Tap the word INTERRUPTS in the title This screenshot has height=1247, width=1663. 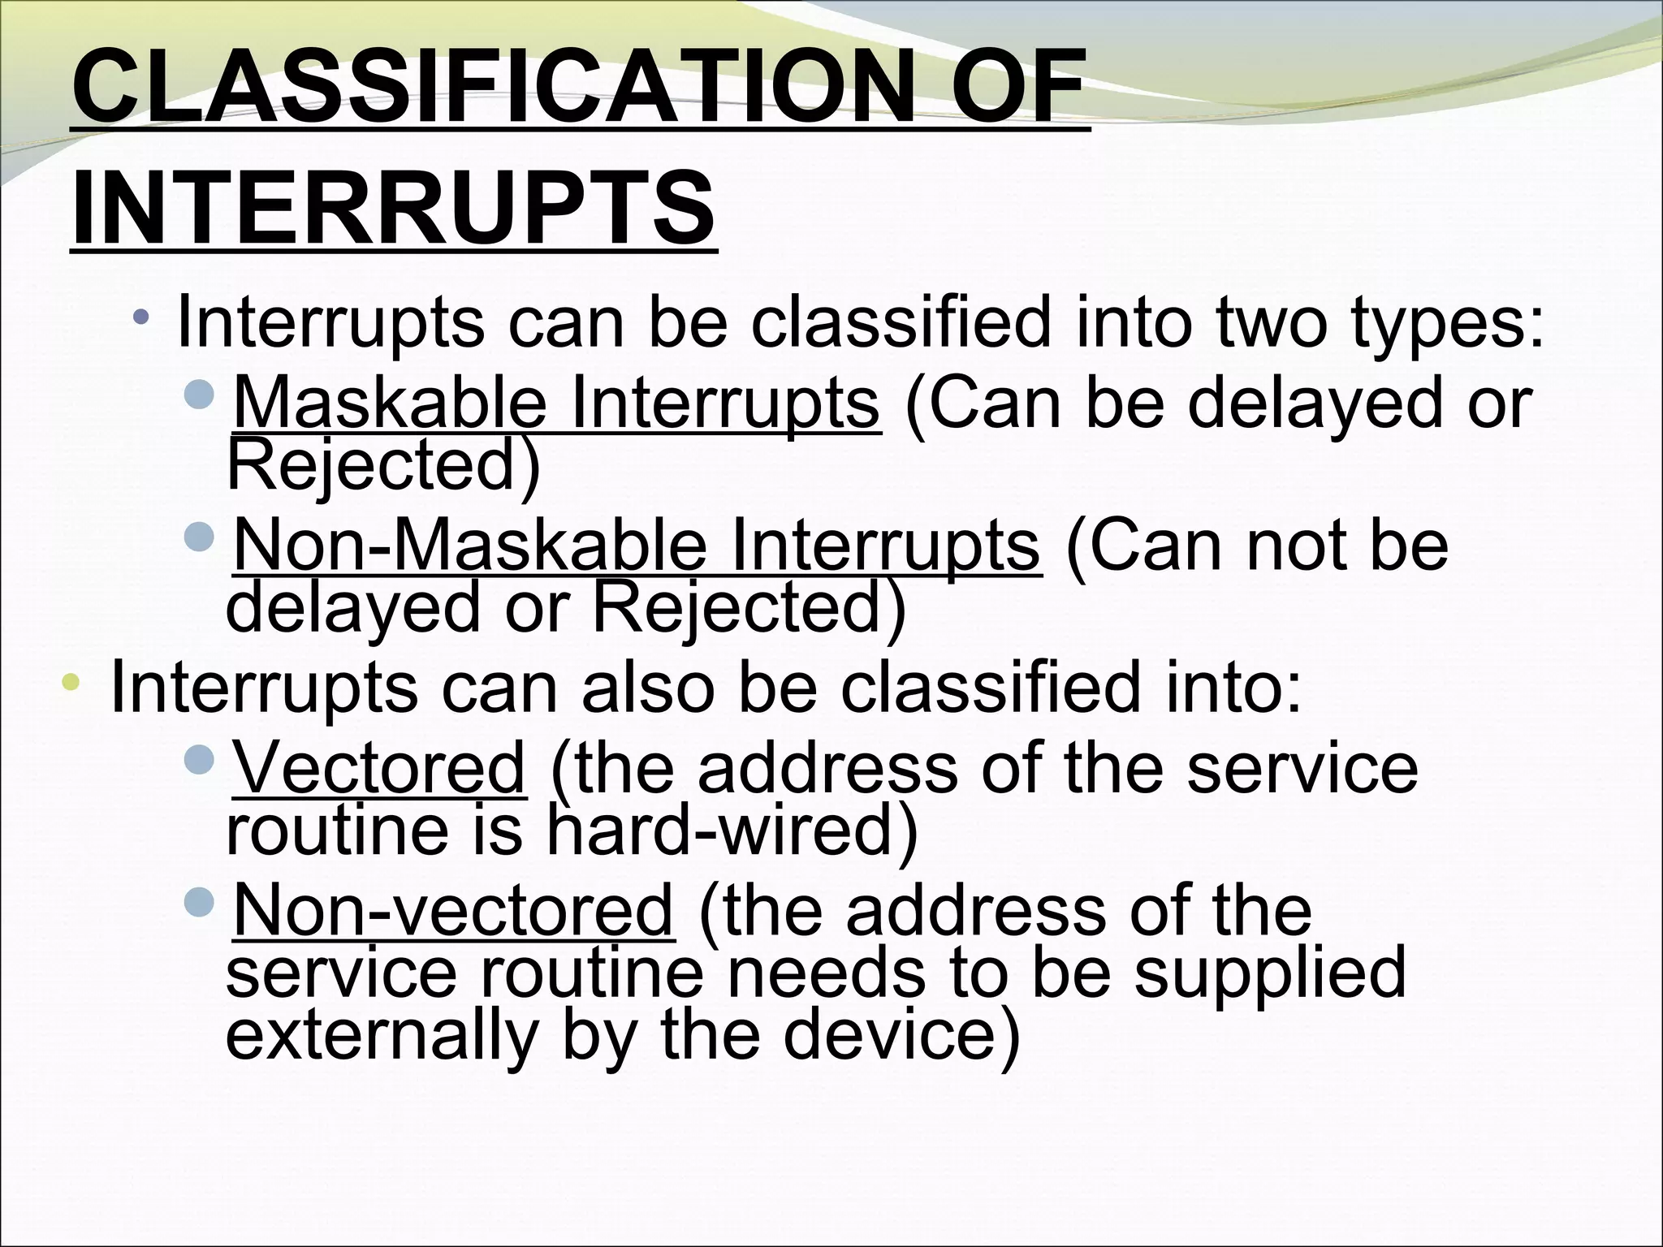click(394, 209)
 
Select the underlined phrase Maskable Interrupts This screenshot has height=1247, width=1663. click(556, 403)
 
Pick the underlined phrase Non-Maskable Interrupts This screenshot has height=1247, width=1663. click(636, 545)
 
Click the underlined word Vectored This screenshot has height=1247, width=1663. click(379, 768)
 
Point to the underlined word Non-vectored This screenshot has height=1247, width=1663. click(453, 911)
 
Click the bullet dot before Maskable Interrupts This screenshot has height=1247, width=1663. click(199, 394)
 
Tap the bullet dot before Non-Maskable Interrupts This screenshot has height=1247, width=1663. click(199, 535)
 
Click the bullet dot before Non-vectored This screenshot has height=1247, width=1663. click(199, 900)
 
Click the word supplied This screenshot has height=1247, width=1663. click(1269, 973)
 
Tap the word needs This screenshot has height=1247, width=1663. click(825, 973)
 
